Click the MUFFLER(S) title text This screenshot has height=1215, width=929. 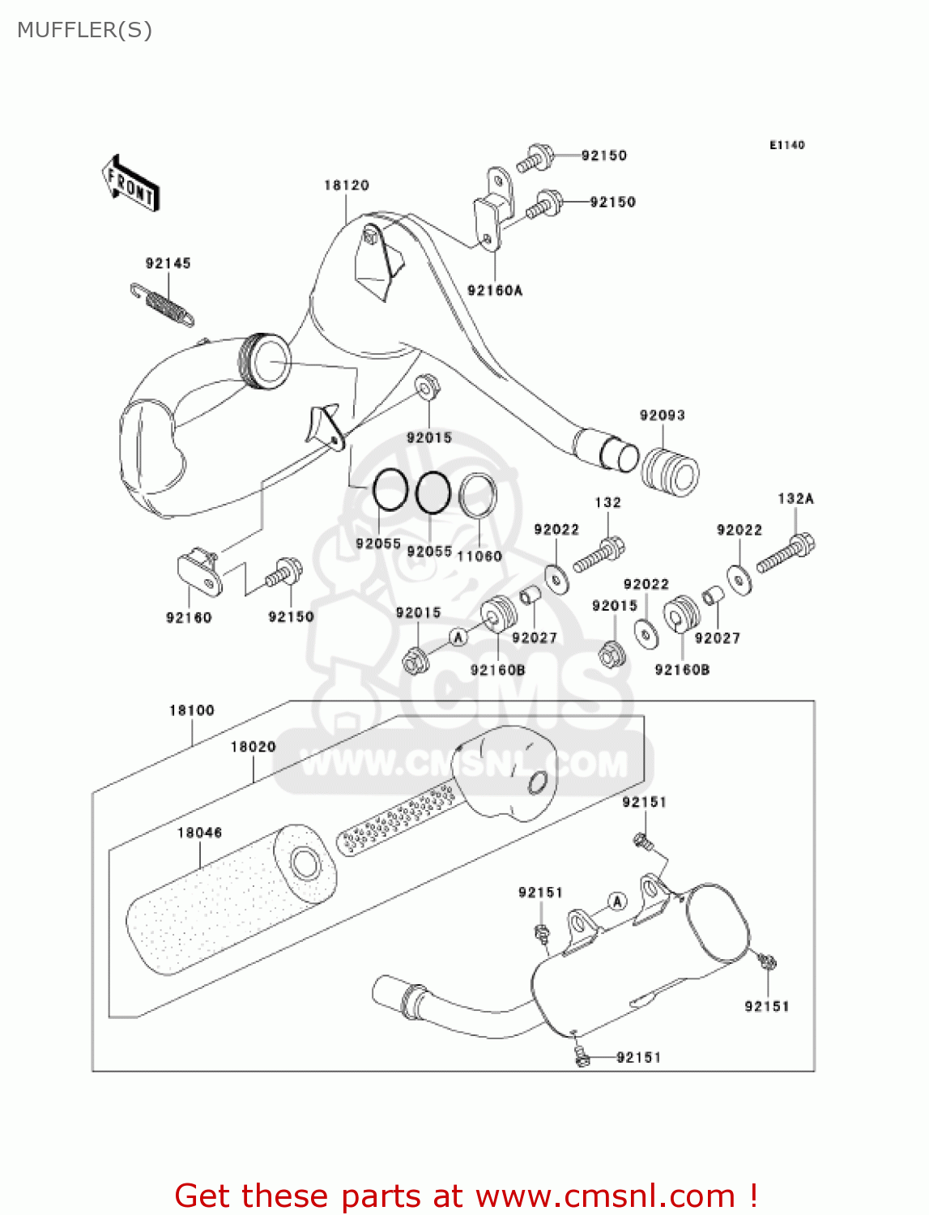[84, 30]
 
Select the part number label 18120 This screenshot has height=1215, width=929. [347, 185]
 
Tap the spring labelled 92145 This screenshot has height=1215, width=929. [163, 304]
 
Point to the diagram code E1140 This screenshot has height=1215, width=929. [786, 145]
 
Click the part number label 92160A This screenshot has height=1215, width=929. [495, 290]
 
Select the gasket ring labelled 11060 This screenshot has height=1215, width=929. [478, 496]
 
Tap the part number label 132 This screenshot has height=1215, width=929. [607, 502]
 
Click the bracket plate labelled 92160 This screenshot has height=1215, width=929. [199, 573]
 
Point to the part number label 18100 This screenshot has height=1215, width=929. [192, 710]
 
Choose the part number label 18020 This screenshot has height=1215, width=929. [253, 747]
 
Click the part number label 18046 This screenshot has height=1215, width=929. [199, 833]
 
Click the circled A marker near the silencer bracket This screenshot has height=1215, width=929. [617, 901]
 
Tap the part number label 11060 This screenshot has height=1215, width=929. [479, 556]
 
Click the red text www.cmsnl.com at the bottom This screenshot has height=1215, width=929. [605, 1196]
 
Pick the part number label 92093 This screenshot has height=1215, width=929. [663, 416]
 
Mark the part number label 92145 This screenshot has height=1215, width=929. [168, 263]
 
